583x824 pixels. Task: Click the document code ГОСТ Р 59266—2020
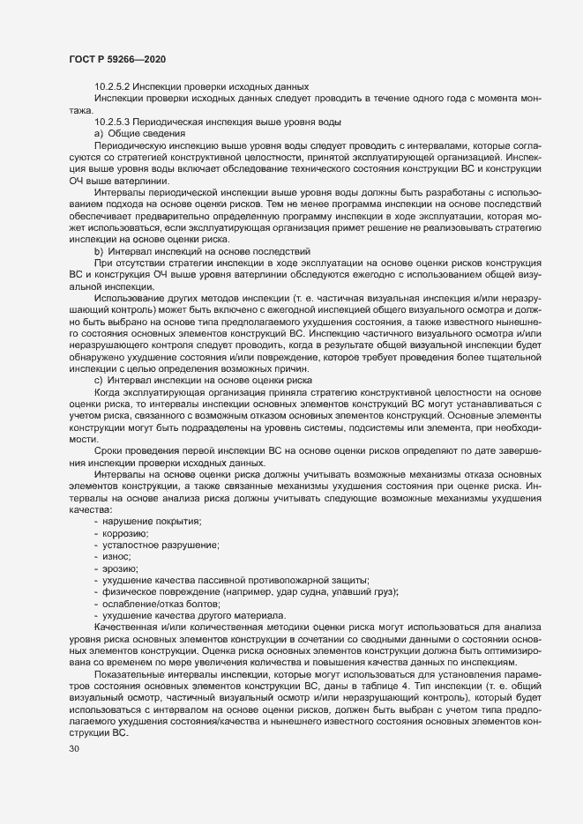(x=116, y=58)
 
